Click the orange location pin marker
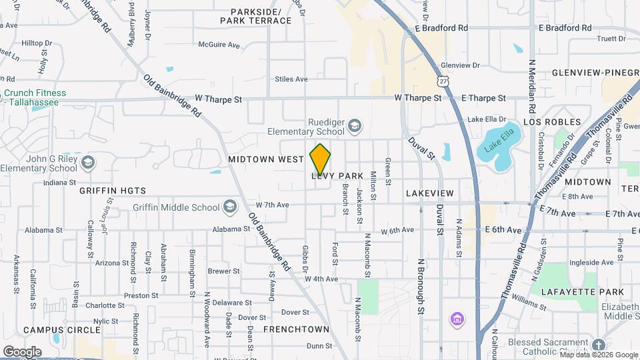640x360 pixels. click(320, 159)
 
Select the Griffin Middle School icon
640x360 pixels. click(230, 207)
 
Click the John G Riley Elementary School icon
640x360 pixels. click(87, 163)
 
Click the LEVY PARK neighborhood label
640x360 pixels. click(337, 176)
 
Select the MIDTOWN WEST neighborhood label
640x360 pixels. click(266, 160)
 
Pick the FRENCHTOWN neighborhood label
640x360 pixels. click(296, 329)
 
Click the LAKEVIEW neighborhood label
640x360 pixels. click(429, 193)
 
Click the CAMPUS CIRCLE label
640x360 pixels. click(56, 330)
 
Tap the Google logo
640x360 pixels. click(22, 351)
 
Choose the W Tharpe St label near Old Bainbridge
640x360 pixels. click(218, 99)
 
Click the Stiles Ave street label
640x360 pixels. click(291, 79)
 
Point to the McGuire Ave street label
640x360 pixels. click(219, 45)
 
